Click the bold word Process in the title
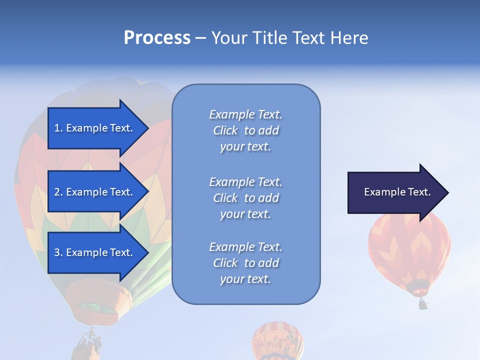point(157,38)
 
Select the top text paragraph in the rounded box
point(245,130)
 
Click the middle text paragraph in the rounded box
point(245,198)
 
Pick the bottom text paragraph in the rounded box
point(245,263)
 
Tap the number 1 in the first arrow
point(57,128)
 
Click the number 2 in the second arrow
point(57,192)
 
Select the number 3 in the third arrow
point(57,252)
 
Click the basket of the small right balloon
point(423,303)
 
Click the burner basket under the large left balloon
point(89,344)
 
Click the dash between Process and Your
point(200,38)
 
